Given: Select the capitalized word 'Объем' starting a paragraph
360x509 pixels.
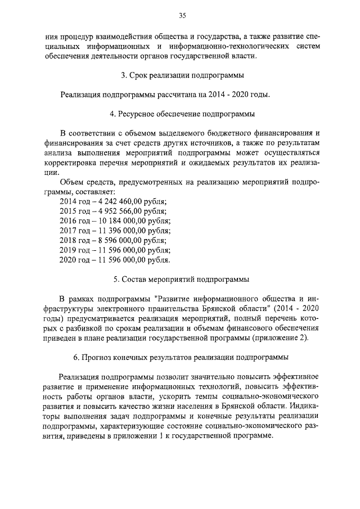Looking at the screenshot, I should coord(71,182).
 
